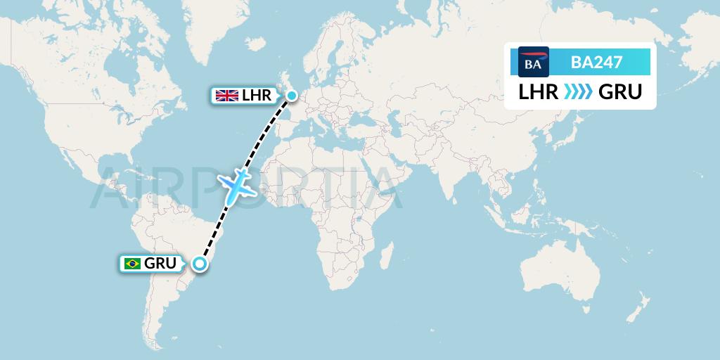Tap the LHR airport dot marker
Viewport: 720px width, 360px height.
click(291, 94)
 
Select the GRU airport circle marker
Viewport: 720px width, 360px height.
click(200, 264)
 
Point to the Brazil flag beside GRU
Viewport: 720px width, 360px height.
click(131, 264)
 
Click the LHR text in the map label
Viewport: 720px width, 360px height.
click(256, 96)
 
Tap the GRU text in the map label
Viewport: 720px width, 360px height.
click(160, 264)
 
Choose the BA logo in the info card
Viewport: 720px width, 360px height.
click(533, 62)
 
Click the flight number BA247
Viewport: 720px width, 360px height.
click(596, 62)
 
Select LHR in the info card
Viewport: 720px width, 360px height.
click(539, 92)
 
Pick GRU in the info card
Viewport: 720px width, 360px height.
click(620, 92)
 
